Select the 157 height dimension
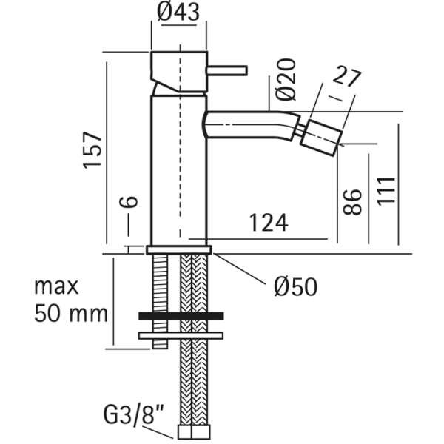coord(92,151)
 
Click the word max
coord(58,286)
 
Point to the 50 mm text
coord(70,313)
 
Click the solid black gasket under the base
coord(181,316)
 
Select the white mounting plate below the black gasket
coord(181,335)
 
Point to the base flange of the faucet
coord(180,250)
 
